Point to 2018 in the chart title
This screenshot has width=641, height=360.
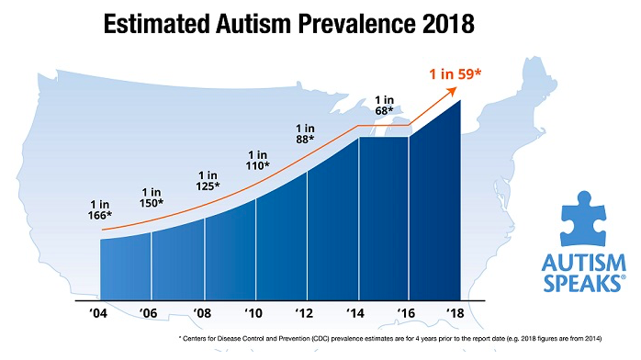pos(437,24)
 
